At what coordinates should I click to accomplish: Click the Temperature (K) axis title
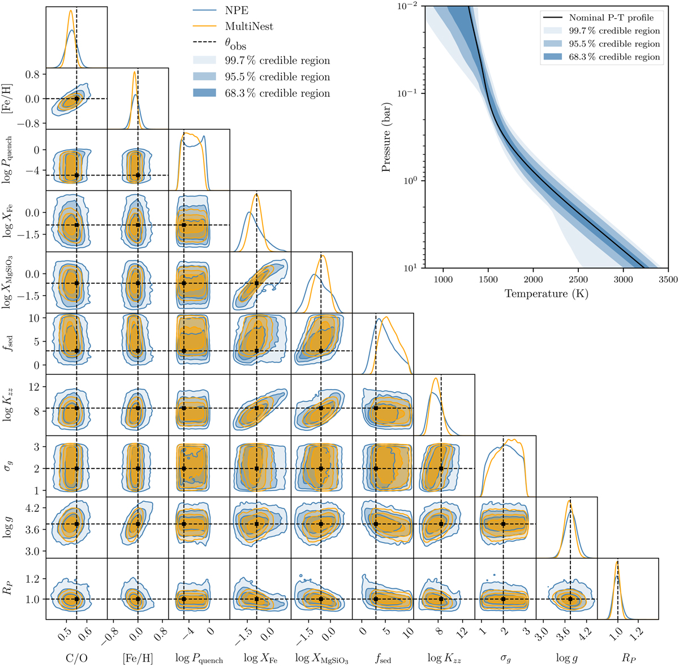click(545, 293)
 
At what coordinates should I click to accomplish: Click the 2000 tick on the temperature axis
click(532, 279)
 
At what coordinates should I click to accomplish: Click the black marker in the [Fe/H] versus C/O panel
click(76, 99)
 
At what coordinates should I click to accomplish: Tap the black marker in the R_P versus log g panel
click(570, 599)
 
